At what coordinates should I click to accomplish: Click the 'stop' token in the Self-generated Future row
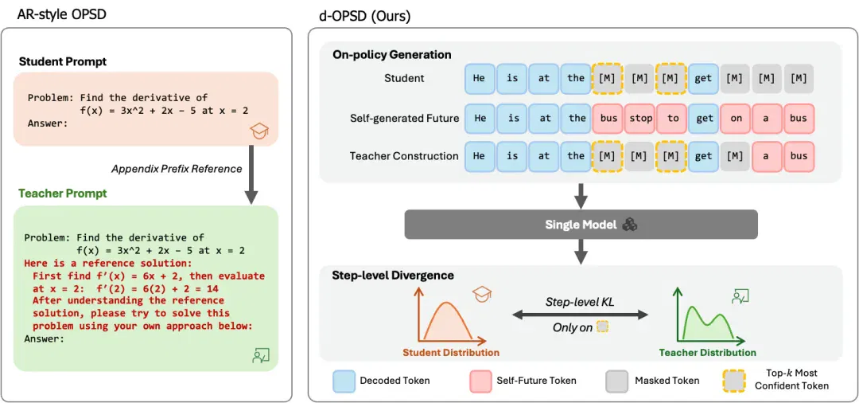click(639, 118)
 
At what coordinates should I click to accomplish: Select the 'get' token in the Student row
click(703, 78)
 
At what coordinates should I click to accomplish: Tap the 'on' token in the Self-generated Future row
click(736, 118)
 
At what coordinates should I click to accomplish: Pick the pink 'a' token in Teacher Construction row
click(767, 156)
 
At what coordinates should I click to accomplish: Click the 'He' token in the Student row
click(480, 78)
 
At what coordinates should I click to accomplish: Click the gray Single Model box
click(581, 224)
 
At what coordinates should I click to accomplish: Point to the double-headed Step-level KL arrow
click(579, 315)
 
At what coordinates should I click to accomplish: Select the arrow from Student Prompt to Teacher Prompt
click(251, 174)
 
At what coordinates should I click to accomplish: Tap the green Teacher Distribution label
click(707, 353)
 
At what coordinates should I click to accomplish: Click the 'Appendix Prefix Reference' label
click(177, 169)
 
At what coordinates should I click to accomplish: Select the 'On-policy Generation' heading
click(391, 55)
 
